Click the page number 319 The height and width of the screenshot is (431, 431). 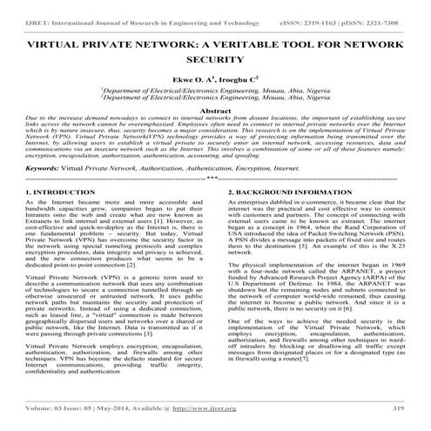tap(397, 407)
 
